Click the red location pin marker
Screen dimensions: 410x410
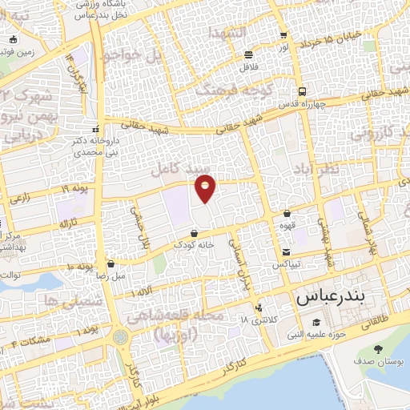pos(206,187)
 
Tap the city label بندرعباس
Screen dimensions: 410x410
pos(330,296)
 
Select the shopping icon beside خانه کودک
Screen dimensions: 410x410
pos(195,233)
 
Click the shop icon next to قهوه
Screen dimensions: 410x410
pos(287,214)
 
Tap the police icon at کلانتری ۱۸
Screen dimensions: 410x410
pos(258,307)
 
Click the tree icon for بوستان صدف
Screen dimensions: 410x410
pos(379,349)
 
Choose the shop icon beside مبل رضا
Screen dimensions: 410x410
pos(111,263)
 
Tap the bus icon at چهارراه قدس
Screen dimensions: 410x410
pos(301,91)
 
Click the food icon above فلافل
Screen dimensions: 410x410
pos(248,54)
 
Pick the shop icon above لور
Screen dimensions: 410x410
pos(283,36)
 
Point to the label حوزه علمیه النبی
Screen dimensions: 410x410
pos(319,334)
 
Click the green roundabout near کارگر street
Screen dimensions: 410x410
pos(120,336)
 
